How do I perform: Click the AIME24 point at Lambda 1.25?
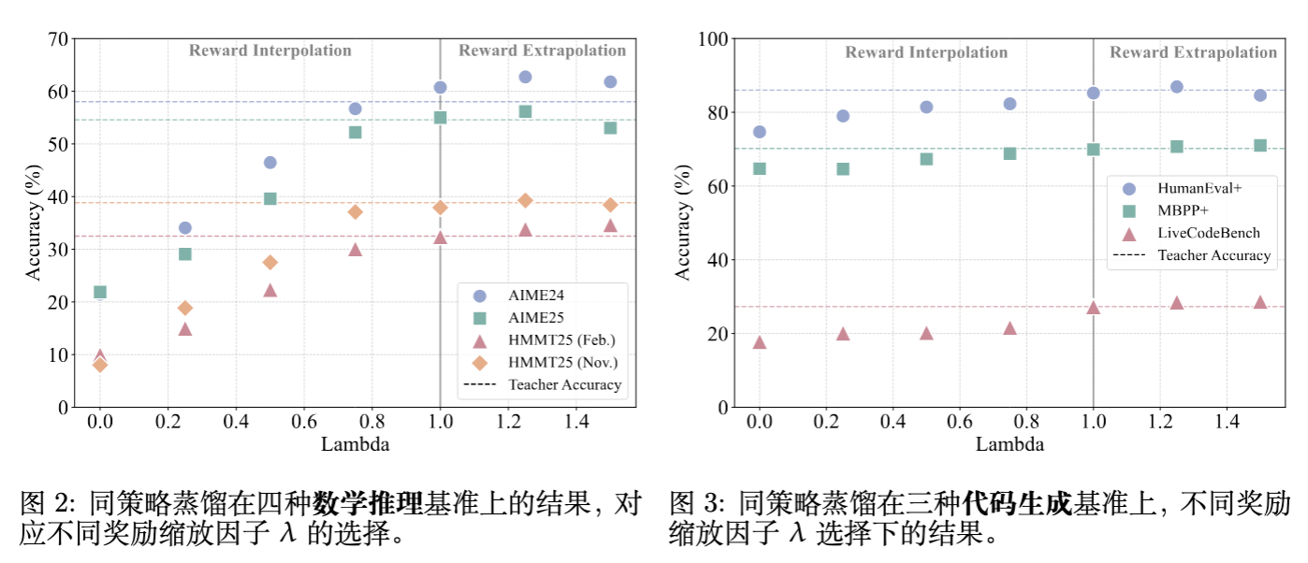pyautogui.click(x=525, y=77)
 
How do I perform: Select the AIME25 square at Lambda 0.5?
pyautogui.click(x=270, y=198)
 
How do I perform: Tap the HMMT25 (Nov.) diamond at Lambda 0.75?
pyautogui.click(x=355, y=212)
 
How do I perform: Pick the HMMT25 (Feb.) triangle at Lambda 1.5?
pyautogui.click(x=610, y=225)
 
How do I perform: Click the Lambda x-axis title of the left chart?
pyautogui.click(x=355, y=444)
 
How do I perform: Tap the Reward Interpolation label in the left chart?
pyautogui.click(x=270, y=51)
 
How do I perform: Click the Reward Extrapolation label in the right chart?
pyautogui.click(x=1193, y=52)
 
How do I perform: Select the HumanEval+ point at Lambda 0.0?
pyautogui.click(x=759, y=132)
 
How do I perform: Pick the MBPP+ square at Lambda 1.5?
pyautogui.click(x=1259, y=146)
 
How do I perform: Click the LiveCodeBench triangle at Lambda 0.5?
pyautogui.click(x=926, y=333)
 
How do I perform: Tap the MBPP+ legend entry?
pyautogui.click(x=1183, y=210)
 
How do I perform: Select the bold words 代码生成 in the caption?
pyautogui.click(x=1016, y=505)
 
